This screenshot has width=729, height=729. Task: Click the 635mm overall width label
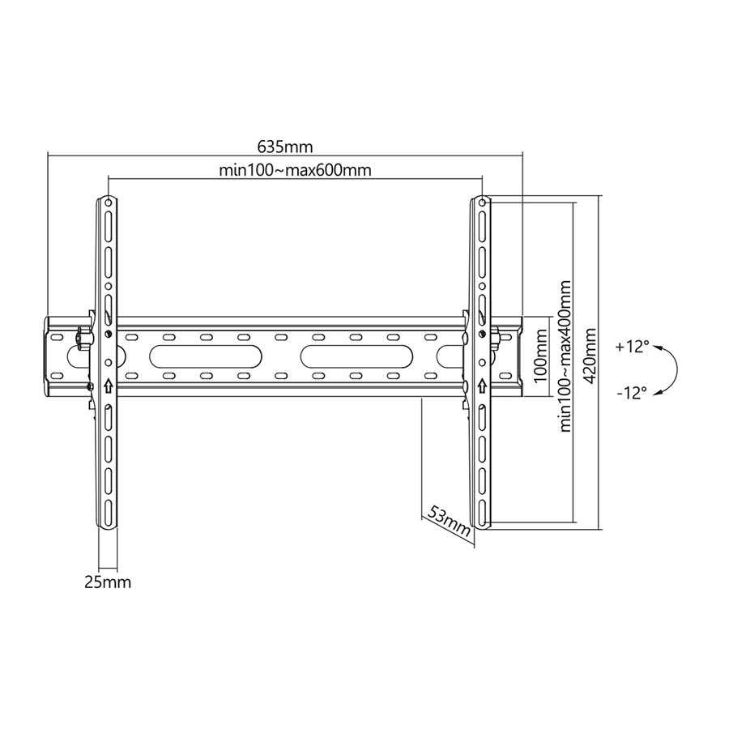point(285,147)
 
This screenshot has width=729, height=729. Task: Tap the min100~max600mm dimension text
point(295,170)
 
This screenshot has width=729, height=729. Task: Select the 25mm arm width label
point(108,582)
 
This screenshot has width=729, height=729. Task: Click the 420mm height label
point(590,356)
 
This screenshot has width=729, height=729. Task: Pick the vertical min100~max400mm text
point(565,356)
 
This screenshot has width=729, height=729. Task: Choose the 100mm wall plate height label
point(540,356)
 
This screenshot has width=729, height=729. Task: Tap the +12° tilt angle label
point(632,347)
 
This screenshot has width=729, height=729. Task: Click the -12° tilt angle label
point(632,394)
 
